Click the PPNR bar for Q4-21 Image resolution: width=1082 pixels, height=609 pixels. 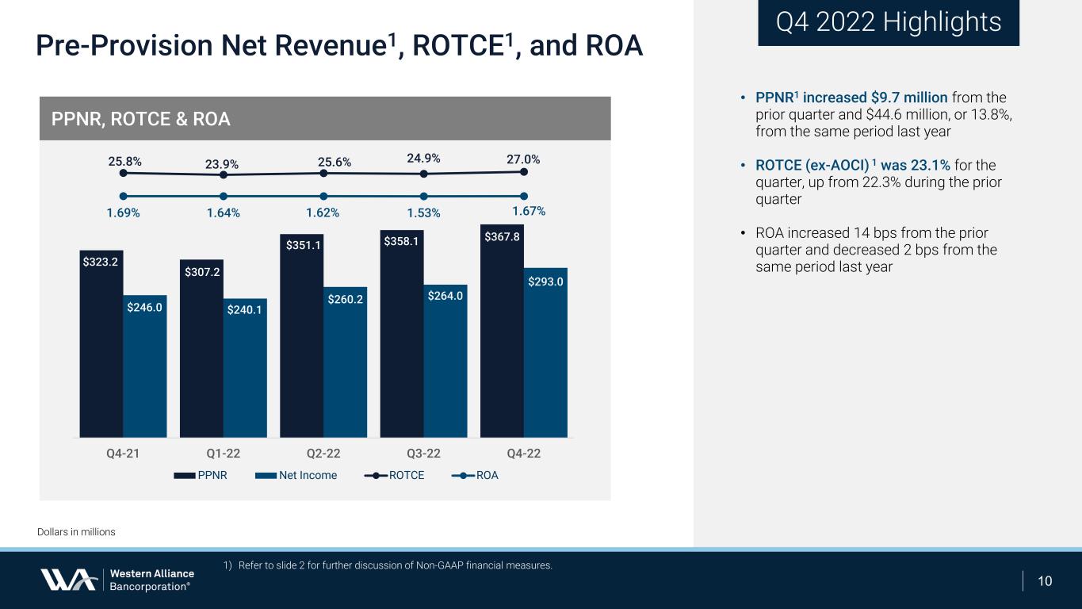(x=101, y=349)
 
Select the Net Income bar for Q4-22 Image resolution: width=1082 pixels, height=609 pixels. (x=545, y=357)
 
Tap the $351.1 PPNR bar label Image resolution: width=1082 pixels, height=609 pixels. (x=302, y=245)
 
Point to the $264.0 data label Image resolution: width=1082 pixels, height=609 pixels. (x=445, y=295)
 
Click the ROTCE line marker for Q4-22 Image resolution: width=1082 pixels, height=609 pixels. (x=524, y=171)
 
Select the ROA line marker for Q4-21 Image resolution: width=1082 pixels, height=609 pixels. (x=123, y=196)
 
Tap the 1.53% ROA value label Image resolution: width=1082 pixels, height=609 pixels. (x=423, y=213)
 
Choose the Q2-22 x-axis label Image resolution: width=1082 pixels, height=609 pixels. (x=323, y=454)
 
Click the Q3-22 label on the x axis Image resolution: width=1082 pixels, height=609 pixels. (x=423, y=454)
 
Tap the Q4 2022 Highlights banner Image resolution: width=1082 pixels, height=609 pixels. (x=888, y=22)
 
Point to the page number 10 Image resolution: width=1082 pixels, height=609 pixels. (x=1045, y=581)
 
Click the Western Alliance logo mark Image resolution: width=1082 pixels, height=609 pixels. (x=68, y=580)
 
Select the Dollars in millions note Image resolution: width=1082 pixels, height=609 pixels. (x=76, y=532)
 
